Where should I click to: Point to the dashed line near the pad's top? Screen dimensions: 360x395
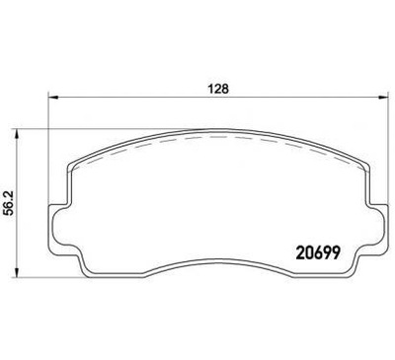pos(216,138)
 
